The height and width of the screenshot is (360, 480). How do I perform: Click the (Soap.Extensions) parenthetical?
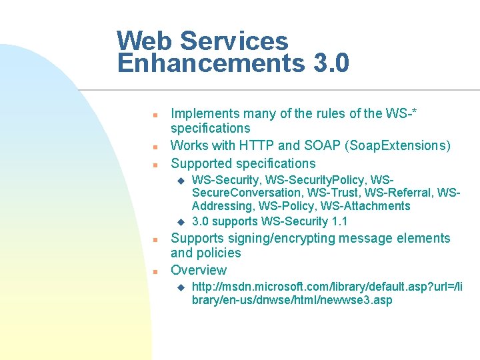coord(395,145)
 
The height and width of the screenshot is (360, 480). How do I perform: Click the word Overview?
coord(199,270)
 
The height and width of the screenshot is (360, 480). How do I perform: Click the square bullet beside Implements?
coord(153,114)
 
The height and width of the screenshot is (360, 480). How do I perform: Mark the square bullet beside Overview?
coord(153,271)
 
